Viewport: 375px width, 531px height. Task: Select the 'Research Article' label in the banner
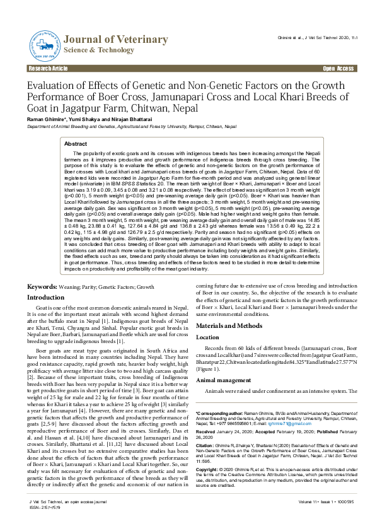point(45,68)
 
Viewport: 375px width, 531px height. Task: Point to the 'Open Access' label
point(338,68)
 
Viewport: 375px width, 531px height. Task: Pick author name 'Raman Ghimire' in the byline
point(45,120)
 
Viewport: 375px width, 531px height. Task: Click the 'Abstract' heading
point(76,144)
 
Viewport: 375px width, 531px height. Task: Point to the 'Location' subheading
point(208,337)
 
